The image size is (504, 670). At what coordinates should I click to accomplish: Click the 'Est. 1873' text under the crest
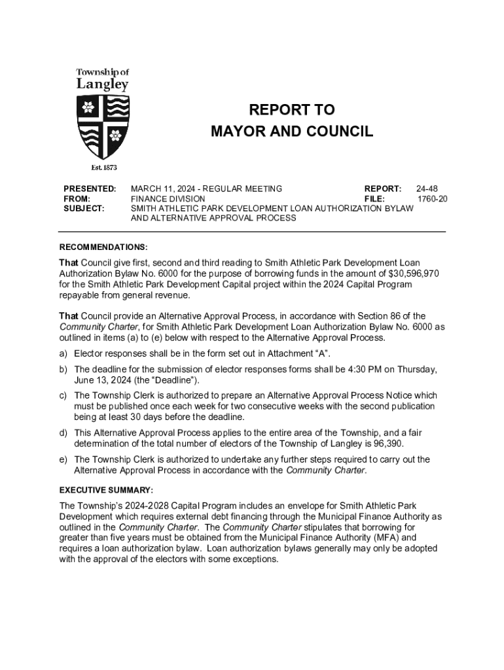(x=103, y=168)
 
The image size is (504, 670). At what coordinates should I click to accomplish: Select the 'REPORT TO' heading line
(x=292, y=110)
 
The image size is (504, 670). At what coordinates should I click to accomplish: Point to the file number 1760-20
(x=433, y=199)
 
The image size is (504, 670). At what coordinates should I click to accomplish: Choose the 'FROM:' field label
(x=77, y=199)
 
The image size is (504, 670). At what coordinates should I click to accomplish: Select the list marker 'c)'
(x=63, y=396)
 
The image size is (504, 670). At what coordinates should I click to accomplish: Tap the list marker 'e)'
(x=63, y=459)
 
